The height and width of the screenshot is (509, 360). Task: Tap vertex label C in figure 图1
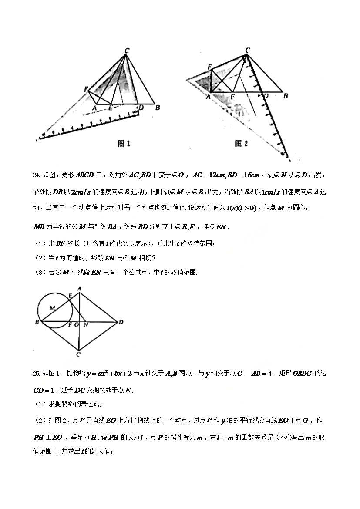tap(127, 51)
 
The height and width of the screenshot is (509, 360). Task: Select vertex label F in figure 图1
tap(86, 89)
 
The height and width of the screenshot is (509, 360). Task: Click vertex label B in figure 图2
tap(286, 96)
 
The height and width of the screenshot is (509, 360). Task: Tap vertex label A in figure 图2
tap(208, 97)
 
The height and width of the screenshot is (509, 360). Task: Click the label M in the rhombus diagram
tap(51, 308)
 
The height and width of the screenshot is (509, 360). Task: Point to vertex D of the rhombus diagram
tap(121, 322)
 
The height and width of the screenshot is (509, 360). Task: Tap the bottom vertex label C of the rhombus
tap(78, 354)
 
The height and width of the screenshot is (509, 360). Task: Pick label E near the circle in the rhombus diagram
tap(71, 296)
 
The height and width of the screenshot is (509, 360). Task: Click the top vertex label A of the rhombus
tap(79, 288)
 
